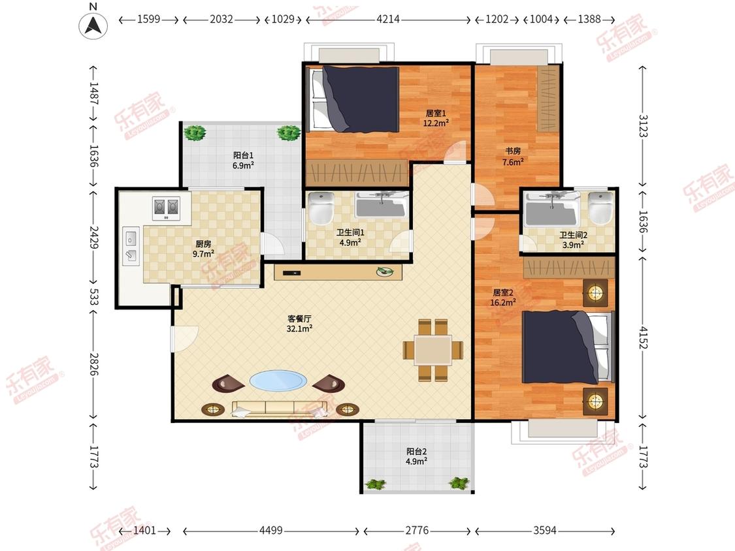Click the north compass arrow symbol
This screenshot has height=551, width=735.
tap(93, 25)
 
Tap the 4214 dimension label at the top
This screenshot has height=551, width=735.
tap(388, 19)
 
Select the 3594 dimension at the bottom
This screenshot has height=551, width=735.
tap(545, 530)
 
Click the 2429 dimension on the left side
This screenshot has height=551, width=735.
tap(93, 238)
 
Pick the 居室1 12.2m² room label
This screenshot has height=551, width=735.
tap(436, 118)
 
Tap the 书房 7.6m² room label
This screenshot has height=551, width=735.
tap(513, 157)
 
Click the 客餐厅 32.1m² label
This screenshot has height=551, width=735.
tap(299, 323)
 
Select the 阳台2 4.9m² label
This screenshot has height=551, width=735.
tap(416, 456)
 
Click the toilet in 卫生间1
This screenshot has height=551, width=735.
tap(321, 208)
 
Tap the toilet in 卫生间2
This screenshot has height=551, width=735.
tap(600, 207)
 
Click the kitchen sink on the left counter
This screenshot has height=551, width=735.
tap(131, 246)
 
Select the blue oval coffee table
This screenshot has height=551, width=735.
tap(278, 381)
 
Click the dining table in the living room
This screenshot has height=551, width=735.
tap(433, 350)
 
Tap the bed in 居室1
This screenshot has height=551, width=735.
tap(353, 99)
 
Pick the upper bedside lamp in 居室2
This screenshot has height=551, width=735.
tap(595, 293)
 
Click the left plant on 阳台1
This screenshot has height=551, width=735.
tap(195, 133)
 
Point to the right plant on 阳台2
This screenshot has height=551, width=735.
tap(459, 483)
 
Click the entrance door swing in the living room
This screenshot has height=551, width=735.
tap(185, 338)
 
